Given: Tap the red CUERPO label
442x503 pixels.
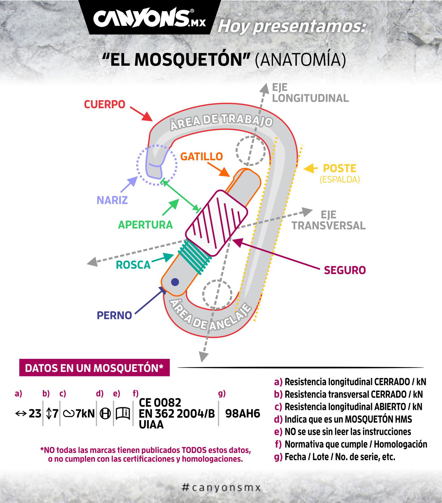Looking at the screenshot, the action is pos(105,104).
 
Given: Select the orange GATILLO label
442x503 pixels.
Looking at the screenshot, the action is pos(202,156).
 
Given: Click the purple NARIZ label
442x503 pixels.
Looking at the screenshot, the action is pos(112,200).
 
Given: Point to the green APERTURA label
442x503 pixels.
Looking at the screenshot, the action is pos(145,225).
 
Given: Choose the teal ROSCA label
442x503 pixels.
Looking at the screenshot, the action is pos(133,265).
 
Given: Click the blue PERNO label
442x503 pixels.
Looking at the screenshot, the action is pos(114,315).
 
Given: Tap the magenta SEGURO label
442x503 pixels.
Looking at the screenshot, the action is pos(345,270).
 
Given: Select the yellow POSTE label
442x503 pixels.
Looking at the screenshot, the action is pos(340,169).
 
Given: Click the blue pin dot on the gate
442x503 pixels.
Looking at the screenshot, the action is pos(175,282).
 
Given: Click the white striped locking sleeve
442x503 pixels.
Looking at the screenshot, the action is pos(217,223).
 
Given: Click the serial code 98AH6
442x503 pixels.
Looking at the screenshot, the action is pos(243,413).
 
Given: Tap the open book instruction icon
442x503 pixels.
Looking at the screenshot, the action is pos(123,413).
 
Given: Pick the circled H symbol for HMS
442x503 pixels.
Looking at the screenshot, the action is pos(105,414).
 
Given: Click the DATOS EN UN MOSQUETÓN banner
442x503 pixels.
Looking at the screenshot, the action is pos(94,368).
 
